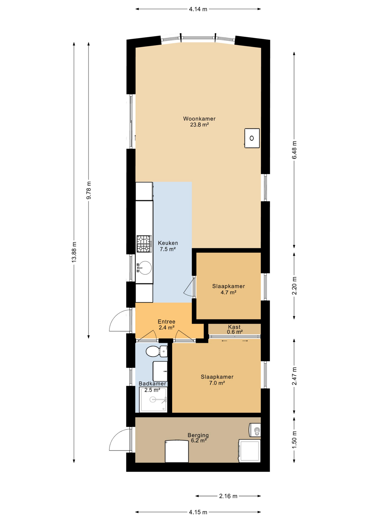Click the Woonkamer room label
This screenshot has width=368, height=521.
pos(199,119)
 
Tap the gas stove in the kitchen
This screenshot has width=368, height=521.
pos(144,244)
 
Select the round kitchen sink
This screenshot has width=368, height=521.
pos(144,268)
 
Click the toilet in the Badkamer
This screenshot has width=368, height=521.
pos(156,351)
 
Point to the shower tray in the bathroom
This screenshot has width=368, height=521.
pos(153,399)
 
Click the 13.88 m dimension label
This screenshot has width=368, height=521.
pos(74,252)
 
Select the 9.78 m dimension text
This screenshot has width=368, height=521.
pos(89,190)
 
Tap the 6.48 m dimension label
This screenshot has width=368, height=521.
pos(294,150)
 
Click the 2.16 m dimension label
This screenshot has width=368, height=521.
pos(228,496)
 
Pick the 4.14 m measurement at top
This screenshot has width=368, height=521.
pos(198,9)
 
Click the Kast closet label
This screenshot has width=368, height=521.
pos(234,327)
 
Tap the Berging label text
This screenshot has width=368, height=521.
pos(198,435)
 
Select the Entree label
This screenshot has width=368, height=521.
pos(166,322)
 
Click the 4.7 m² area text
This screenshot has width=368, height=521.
pos(228,293)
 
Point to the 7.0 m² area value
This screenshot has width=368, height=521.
pos(217,383)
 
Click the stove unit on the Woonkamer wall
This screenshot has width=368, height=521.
pos(252,138)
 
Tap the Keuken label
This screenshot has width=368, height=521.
pos(168,243)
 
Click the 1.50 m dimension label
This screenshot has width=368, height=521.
pos(294,440)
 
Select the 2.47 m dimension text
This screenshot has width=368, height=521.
pos(294,376)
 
